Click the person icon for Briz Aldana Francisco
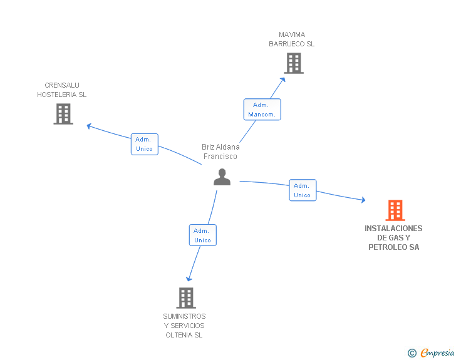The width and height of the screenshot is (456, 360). (222, 177)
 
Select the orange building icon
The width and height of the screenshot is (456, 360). (395, 210)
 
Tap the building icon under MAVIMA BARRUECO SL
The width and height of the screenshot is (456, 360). (294, 63)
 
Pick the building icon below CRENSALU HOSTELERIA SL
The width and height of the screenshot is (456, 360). (63, 114)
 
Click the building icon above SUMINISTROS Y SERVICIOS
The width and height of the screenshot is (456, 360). (186, 298)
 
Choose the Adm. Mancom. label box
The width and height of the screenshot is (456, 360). (262, 110)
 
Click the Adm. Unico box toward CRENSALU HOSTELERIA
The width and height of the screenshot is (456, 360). (145, 144)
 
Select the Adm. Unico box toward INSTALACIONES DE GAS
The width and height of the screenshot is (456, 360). (303, 190)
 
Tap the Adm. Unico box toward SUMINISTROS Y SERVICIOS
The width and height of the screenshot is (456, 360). (203, 235)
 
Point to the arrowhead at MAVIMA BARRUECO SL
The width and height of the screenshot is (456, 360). (282, 80)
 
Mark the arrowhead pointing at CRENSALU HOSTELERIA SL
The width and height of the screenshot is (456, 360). (89, 126)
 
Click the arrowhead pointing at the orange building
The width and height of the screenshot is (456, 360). (363, 200)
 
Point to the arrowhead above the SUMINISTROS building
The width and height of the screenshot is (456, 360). (189, 279)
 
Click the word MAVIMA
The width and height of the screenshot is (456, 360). (292, 34)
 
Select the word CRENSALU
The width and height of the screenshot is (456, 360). (62, 85)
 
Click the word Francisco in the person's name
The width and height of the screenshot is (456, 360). (220, 157)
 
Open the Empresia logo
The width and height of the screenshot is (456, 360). (437, 352)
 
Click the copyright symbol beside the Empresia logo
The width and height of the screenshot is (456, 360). (412, 353)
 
